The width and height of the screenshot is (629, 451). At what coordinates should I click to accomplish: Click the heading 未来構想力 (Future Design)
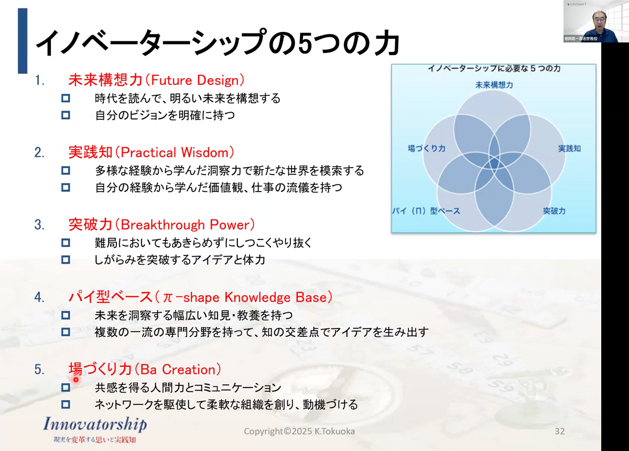(x=156, y=80)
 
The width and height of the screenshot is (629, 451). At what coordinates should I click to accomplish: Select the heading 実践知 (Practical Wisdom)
(x=151, y=152)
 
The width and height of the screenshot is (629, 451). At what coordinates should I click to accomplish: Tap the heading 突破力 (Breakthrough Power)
(x=162, y=225)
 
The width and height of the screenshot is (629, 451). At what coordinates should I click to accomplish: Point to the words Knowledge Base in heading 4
(x=276, y=297)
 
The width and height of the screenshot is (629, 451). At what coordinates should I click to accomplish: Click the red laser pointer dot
(x=76, y=380)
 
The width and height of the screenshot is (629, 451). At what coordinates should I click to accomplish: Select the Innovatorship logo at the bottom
(x=95, y=430)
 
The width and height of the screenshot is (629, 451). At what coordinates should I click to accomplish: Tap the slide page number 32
(x=559, y=431)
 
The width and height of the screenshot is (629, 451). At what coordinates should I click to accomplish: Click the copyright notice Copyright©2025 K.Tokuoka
(x=299, y=431)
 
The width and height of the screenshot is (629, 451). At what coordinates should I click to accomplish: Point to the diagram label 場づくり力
(x=427, y=148)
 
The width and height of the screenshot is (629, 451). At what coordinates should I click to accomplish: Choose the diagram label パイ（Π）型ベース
(x=426, y=211)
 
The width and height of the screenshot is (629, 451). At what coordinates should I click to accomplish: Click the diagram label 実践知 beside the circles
(x=569, y=148)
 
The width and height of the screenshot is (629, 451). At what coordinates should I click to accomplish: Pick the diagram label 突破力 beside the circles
(x=554, y=211)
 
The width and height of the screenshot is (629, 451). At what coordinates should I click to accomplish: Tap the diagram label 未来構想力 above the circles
(x=494, y=85)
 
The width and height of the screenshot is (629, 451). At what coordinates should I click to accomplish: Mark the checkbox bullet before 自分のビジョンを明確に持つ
(x=66, y=115)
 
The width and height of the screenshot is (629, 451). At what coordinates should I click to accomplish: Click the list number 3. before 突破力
(x=39, y=225)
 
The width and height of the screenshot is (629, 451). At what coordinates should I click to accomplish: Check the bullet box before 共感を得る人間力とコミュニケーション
(x=66, y=388)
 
